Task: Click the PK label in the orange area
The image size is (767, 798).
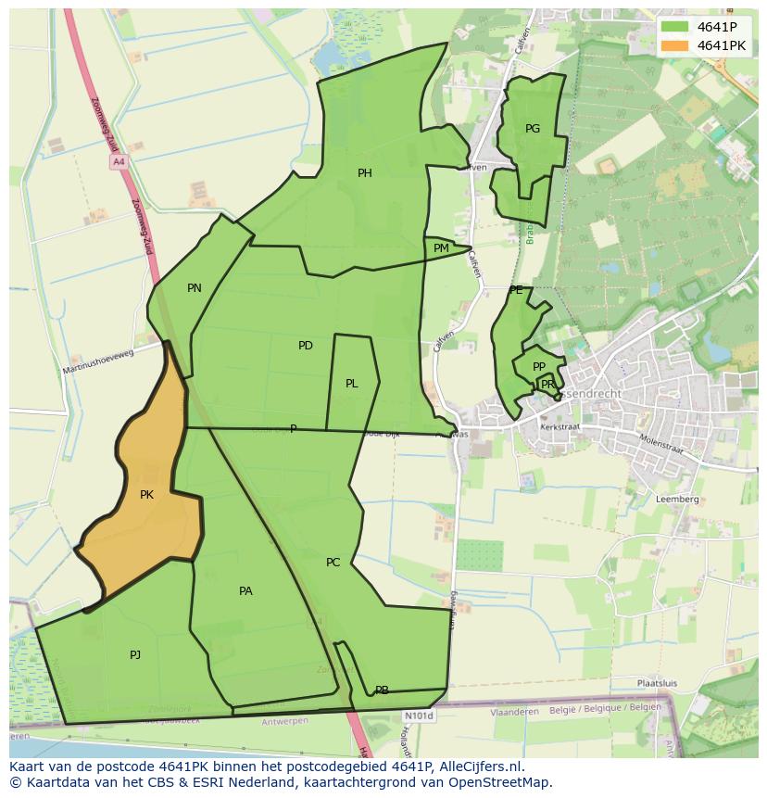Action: [146, 495]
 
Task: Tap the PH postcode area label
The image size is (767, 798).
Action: [365, 173]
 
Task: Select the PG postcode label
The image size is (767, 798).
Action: [533, 129]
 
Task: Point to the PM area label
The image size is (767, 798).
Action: [441, 248]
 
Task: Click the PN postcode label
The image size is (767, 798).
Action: [195, 288]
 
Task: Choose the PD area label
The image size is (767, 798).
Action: [306, 346]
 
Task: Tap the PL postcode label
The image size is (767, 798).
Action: [352, 384]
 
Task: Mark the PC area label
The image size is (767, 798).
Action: [333, 563]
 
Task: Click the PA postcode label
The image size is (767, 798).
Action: [245, 591]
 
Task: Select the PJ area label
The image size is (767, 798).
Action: [135, 655]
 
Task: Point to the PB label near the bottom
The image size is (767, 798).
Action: [382, 690]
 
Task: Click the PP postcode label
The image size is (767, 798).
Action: [539, 367]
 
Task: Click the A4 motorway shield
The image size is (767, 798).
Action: [118, 162]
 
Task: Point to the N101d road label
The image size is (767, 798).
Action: [419, 716]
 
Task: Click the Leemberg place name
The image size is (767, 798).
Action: [677, 499]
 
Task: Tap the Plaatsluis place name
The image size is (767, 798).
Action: [656, 683]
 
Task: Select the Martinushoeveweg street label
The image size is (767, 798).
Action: [98, 361]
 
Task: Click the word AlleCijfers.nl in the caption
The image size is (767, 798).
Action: [479, 766]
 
